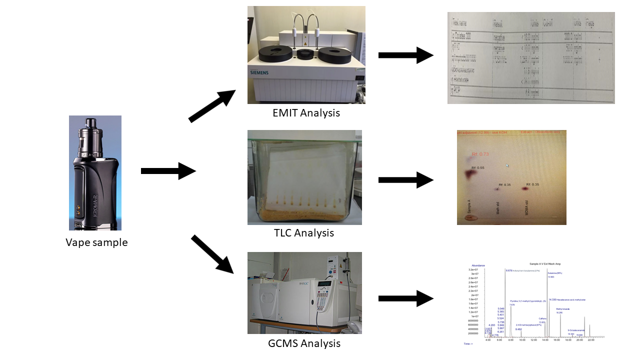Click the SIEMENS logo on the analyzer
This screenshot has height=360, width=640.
pos(259,73)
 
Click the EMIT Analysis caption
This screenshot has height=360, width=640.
pos(306,113)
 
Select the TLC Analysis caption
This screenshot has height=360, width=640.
pos(304,233)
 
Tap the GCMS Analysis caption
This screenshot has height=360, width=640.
pos(304,343)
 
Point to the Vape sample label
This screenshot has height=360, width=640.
pos(96,243)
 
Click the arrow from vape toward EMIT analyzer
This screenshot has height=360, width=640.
pos(212,106)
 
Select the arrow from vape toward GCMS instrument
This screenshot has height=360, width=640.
pos(212,254)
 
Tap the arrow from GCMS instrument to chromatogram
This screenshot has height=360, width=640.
pos(405,298)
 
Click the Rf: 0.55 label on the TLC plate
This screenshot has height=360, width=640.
pos(478,167)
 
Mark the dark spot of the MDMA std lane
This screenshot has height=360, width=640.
pos(526,189)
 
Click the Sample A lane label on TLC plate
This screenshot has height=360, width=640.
pos(469,206)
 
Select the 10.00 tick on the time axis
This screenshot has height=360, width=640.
pos(522,340)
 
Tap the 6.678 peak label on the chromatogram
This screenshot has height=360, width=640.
pos(509,270)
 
